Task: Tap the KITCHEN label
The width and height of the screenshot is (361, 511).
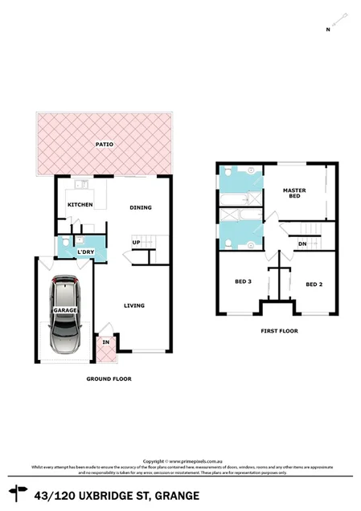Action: (x=80, y=205)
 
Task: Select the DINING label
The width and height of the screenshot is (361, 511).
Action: (x=141, y=208)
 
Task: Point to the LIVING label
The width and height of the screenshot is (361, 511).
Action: (x=133, y=305)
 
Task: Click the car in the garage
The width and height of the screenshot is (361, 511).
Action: (x=64, y=316)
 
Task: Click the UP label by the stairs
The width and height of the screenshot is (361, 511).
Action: (x=137, y=243)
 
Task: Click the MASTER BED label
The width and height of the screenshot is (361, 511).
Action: (x=294, y=194)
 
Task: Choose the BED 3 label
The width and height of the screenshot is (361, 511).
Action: (x=244, y=281)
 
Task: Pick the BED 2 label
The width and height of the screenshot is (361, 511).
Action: (x=314, y=284)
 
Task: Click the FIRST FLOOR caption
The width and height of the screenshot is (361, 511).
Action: (x=280, y=330)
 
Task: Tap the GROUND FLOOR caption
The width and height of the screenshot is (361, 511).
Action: (x=109, y=378)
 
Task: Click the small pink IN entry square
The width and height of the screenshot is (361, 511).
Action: (x=105, y=343)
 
